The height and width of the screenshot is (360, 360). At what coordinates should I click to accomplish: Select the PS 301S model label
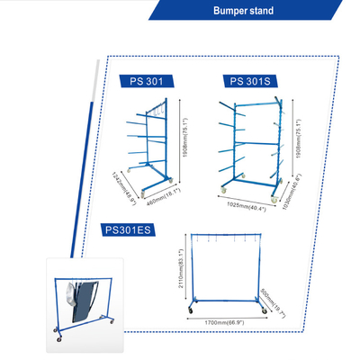(x=247, y=81)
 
